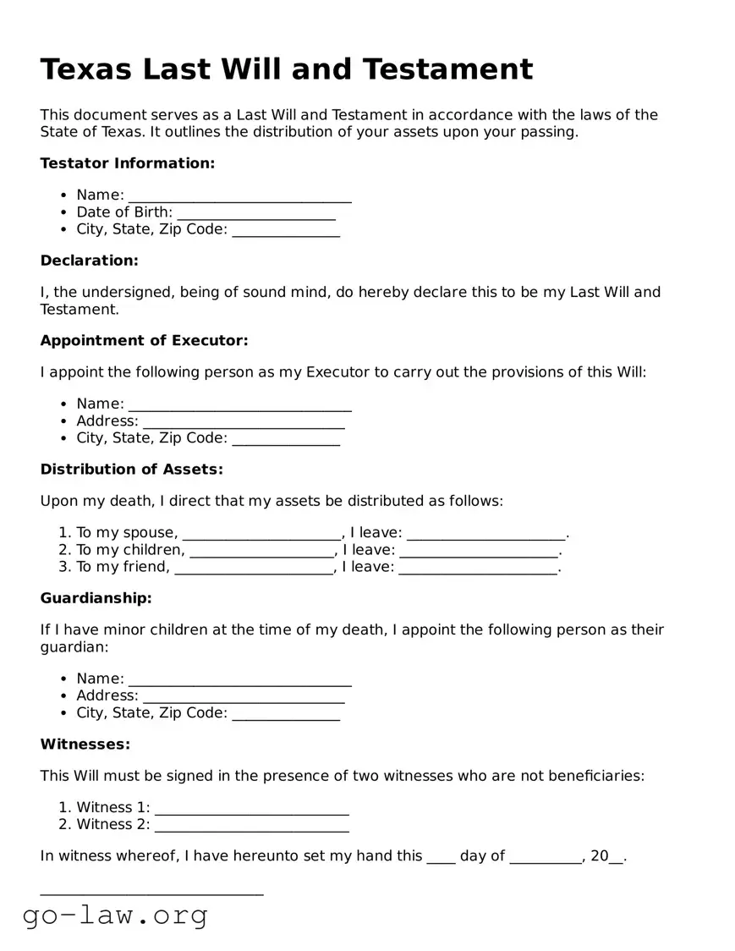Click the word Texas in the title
point(85,69)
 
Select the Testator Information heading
point(127,163)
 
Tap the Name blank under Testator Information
point(239,196)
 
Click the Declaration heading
point(89,261)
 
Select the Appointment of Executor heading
point(144,340)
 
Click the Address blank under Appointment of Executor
point(244,422)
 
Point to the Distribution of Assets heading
point(132,470)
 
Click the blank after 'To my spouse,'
point(261,534)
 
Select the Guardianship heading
point(96,598)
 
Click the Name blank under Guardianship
point(239,679)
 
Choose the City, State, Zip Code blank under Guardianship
point(286,714)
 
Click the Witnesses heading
point(85,745)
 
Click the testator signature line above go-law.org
point(152,892)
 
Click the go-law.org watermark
point(115,915)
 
